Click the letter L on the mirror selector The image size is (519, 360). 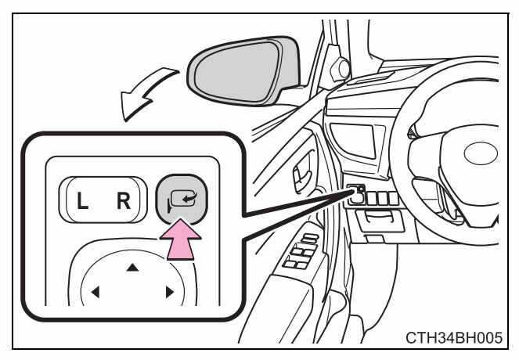pos(82,201)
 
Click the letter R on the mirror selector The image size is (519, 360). pos(124,201)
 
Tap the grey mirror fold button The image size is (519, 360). pos(182,199)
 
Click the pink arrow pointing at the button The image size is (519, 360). pos(180,239)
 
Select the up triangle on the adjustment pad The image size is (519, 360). pos(132,267)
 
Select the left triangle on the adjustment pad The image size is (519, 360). pos(96,292)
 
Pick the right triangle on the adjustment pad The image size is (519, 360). pos(169,292)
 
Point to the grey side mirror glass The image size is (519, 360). pos(238,71)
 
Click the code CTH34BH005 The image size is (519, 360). pos(454,338)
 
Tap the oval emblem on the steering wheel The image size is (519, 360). pos(481,153)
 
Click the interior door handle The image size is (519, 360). pos(302,174)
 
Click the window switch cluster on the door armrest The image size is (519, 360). pos(301,251)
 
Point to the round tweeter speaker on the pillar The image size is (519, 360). pos(344,69)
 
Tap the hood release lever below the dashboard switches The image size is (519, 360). pos(380,220)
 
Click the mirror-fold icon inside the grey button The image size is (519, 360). pos(182,200)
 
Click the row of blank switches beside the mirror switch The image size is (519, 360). pos(383,198)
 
